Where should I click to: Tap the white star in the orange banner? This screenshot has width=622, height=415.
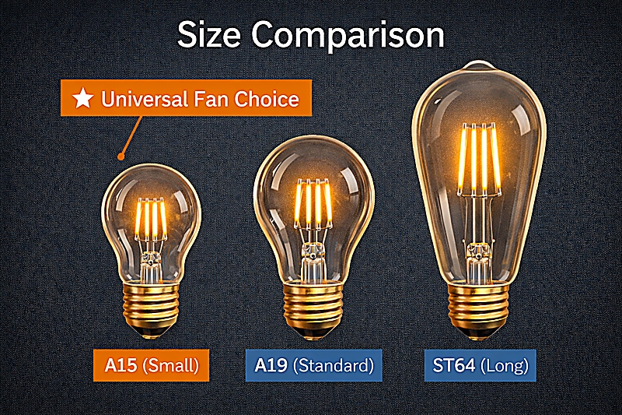tap(82, 99)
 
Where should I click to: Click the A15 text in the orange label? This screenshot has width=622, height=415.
tap(122, 364)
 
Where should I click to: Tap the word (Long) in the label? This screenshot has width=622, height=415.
tap(505, 364)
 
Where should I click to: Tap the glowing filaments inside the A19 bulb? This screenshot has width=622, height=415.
tap(313, 202)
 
